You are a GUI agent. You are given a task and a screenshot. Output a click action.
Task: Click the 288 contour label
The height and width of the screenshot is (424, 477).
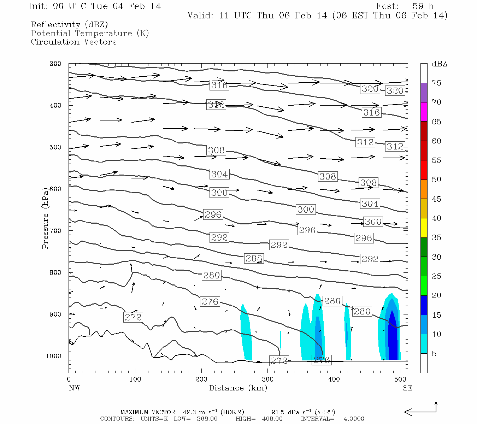point(254,258)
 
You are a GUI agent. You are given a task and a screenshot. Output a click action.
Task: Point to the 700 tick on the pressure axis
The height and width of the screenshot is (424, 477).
point(55,231)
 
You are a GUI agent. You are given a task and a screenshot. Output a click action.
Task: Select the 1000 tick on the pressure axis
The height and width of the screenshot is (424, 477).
point(54,356)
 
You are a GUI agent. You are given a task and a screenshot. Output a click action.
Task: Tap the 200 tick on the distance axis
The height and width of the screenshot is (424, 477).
point(201,379)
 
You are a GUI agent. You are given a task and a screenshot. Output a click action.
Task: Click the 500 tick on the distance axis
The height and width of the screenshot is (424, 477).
point(400,379)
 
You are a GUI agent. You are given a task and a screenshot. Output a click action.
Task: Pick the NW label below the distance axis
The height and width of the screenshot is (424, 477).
point(74,388)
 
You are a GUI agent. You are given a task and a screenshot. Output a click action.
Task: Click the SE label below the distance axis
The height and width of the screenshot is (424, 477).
point(407,388)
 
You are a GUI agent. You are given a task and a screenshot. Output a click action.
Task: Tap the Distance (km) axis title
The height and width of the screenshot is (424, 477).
point(238,388)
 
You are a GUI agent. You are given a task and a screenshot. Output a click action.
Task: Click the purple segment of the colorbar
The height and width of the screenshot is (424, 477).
point(424,93)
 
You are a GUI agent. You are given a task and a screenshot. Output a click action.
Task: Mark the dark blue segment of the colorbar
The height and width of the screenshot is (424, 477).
point(424,305)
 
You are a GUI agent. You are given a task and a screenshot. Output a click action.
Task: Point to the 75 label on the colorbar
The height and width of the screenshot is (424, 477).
point(437,83)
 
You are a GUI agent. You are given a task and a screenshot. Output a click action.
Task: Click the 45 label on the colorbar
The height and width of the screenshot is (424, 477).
point(437,199)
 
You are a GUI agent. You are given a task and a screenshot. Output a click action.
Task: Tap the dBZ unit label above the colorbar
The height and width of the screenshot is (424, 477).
point(439,64)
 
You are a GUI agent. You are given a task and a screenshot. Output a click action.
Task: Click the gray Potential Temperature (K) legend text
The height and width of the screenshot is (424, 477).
point(90,34)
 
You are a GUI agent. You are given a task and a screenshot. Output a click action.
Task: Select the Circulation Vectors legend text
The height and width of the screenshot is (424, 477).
point(73,42)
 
